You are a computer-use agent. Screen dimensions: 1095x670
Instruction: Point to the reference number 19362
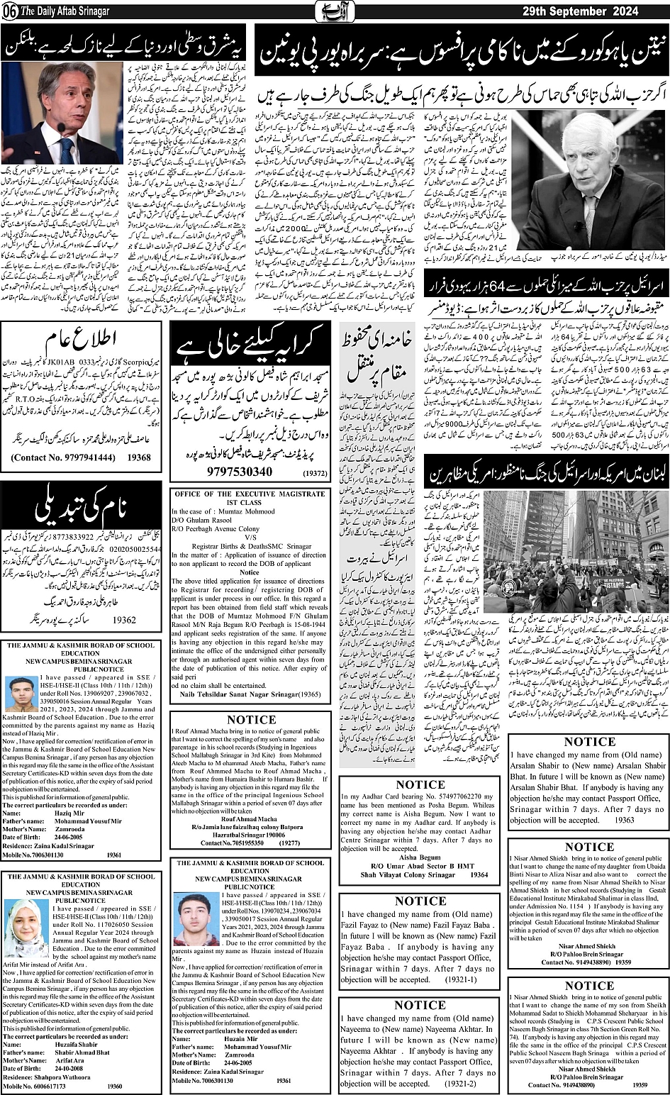click(x=125, y=618)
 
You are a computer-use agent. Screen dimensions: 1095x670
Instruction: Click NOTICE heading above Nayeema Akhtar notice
click(x=420, y=1005)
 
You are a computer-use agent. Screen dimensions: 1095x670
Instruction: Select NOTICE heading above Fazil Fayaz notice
click(x=420, y=901)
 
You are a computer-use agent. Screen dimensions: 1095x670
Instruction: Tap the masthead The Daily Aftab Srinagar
click(x=68, y=11)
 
